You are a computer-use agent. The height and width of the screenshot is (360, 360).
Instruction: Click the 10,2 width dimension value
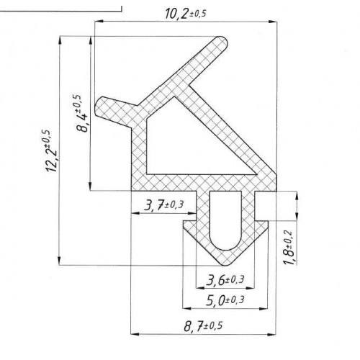click(x=177, y=14)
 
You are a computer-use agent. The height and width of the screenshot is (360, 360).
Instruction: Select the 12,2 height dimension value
click(x=51, y=161)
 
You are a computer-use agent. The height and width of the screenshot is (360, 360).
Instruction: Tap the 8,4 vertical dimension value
click(x=84, y=123)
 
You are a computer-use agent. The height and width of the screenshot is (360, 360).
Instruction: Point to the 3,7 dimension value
click(x=154, y=206)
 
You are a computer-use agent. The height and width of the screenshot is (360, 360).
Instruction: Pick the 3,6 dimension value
click(x=215, y=280)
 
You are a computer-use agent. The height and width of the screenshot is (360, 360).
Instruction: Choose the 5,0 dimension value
click(x=215, y=300)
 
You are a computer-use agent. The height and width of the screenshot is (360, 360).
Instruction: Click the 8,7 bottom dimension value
click(x=194, y=326)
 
